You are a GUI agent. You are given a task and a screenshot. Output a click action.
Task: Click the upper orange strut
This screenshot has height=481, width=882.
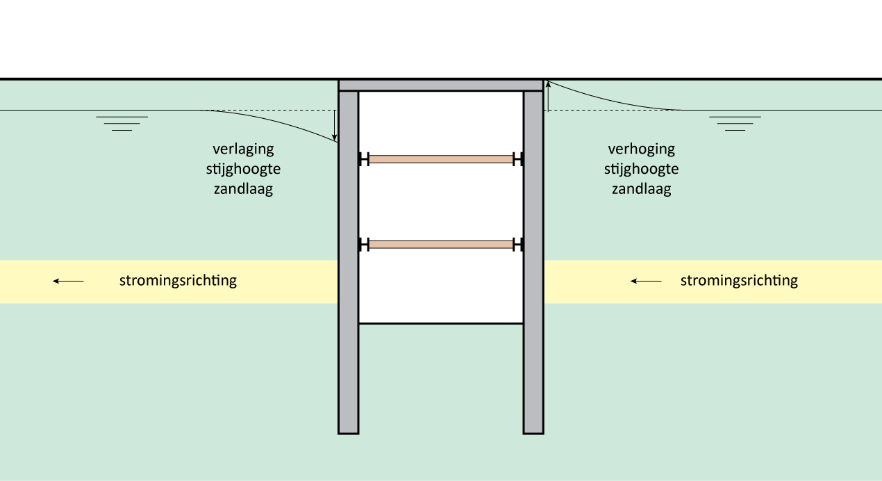click(x=441, y=159)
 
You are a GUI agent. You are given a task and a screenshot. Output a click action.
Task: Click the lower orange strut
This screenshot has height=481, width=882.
click(x=441, y=244)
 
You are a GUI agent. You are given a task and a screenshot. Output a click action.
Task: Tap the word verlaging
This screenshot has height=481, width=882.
click(x=243, y=149)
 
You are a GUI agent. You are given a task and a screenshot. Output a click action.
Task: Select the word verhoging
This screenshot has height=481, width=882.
click(x=641, y=149)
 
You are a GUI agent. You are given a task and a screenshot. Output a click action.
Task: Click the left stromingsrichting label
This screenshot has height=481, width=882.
click(x=178, y=281)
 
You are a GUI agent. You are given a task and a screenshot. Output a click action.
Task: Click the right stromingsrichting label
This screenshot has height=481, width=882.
click(x=739, y=281)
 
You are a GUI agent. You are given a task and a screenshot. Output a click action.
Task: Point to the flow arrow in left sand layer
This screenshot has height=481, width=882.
click(x=69, y=281)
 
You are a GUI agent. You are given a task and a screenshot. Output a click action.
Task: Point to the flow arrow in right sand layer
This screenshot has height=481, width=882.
click(x=646, y=281)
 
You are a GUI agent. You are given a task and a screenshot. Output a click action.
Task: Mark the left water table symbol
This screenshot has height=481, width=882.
click(x=122, y=123)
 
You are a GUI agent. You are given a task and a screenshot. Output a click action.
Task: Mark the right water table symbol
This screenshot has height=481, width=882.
click(x=735, y=123)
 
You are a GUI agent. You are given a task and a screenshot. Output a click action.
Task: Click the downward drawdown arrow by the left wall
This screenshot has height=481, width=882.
click(x=334, y=125)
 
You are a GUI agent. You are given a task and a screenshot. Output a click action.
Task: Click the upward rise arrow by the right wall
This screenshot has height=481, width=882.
click(x=548, y=96)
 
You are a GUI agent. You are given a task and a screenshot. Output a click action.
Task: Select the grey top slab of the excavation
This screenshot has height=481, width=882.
click(x=440, y=85)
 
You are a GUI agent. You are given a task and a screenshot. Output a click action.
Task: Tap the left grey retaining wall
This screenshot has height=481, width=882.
click(x=349, y=278)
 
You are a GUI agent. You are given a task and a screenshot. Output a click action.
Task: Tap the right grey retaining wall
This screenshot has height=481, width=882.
click(x=533, y=278)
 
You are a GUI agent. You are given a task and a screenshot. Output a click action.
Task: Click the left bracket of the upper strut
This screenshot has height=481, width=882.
click(x=363, y=159)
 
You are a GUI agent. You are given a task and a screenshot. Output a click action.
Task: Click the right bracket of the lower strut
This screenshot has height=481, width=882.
click(x=518, y=244)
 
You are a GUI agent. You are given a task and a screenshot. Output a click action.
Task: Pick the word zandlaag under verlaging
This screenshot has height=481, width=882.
click(x=243, y=189)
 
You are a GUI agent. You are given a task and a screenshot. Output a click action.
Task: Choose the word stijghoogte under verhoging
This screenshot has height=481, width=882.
click(x=641, y=169)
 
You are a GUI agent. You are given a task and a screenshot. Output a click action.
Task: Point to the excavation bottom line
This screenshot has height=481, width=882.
click(x=441, y=323)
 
